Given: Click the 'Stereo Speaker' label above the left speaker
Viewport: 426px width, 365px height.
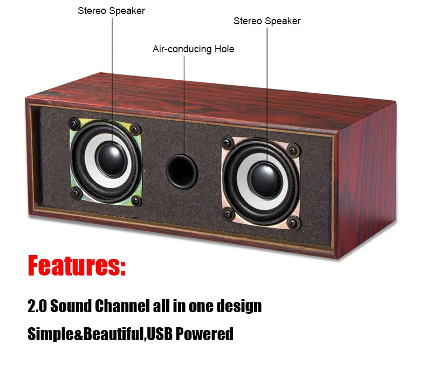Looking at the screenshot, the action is (112, 11).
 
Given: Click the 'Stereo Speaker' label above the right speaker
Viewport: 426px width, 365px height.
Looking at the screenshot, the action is (267, 21).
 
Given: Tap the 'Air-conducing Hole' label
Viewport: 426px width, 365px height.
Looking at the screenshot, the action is (193, 49).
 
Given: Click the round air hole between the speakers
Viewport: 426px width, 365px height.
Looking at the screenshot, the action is (182, 171).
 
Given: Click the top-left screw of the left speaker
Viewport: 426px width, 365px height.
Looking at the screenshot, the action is (74, 123).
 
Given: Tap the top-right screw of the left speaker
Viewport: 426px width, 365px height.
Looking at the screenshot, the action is (135, 129).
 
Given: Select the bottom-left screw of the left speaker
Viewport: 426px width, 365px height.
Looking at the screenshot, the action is (76, 193).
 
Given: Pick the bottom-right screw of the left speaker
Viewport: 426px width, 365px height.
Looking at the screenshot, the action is (136, 201).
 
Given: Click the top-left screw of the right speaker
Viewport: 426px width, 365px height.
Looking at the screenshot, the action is (228, 143).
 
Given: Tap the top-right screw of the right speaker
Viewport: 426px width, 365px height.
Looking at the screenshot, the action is (293, 150).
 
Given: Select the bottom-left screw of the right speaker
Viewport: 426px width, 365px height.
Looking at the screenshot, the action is (229, 214).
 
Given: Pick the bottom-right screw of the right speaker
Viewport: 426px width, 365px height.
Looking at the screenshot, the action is (293, 223).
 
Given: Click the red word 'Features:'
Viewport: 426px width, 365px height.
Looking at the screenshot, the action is (77, 265).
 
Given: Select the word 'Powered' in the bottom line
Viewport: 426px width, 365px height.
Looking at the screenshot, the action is (204, 334).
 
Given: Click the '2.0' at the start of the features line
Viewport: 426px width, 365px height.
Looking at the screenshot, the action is (37, 306).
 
